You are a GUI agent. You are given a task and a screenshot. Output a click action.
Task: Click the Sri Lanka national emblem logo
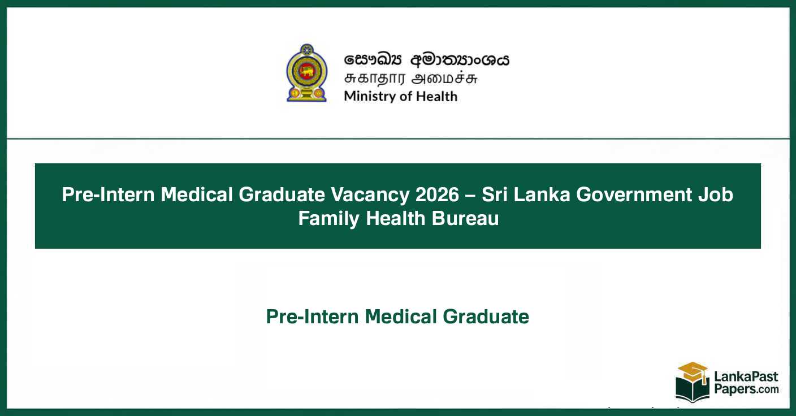pos(306,73)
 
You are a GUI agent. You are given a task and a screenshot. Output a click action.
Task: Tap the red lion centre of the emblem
pos(306,71)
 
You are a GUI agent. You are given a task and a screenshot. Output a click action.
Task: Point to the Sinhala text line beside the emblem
pos(427,59)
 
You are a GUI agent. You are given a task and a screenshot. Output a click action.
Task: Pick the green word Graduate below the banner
pos(486,317)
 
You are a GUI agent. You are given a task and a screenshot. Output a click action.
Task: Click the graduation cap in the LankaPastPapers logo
pos(693,371)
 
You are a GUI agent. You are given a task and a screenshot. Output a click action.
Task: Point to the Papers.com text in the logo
pos(746,389)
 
